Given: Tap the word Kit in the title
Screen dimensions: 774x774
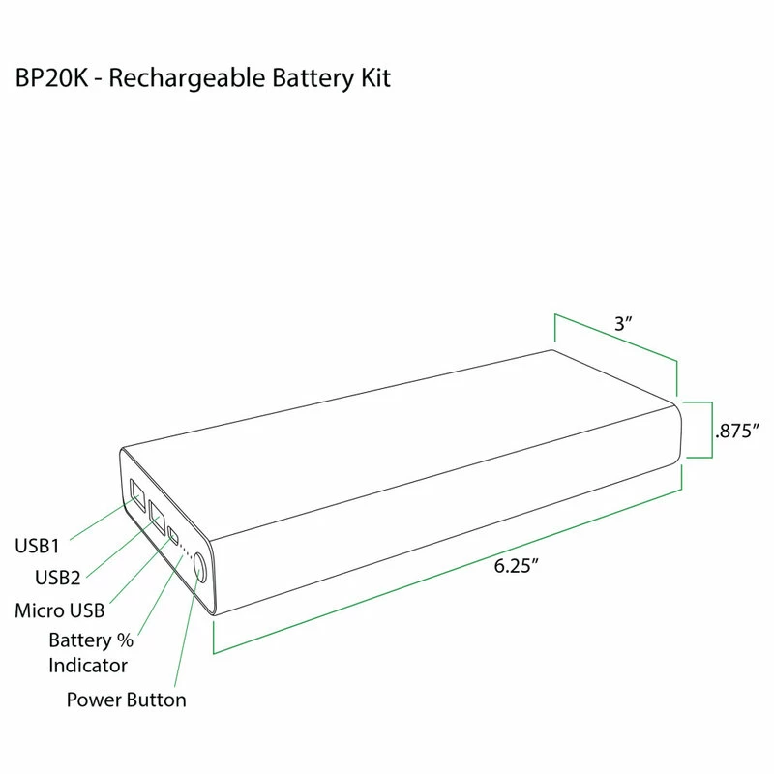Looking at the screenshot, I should coord(374,78).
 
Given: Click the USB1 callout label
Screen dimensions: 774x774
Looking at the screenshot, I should coord(37,545).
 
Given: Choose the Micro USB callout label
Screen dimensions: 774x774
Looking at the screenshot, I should coord(60,610).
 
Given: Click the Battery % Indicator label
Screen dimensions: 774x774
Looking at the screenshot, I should coord(90,653).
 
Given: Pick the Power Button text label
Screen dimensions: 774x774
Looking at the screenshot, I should coord(126,699).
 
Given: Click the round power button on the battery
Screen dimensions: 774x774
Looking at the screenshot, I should coord(199,567).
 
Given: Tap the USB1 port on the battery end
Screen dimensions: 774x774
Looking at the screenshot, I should coord(136,494).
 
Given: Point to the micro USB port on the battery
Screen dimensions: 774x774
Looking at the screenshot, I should coord(172,534).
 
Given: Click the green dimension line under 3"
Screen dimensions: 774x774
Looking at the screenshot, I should coord(616,339).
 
